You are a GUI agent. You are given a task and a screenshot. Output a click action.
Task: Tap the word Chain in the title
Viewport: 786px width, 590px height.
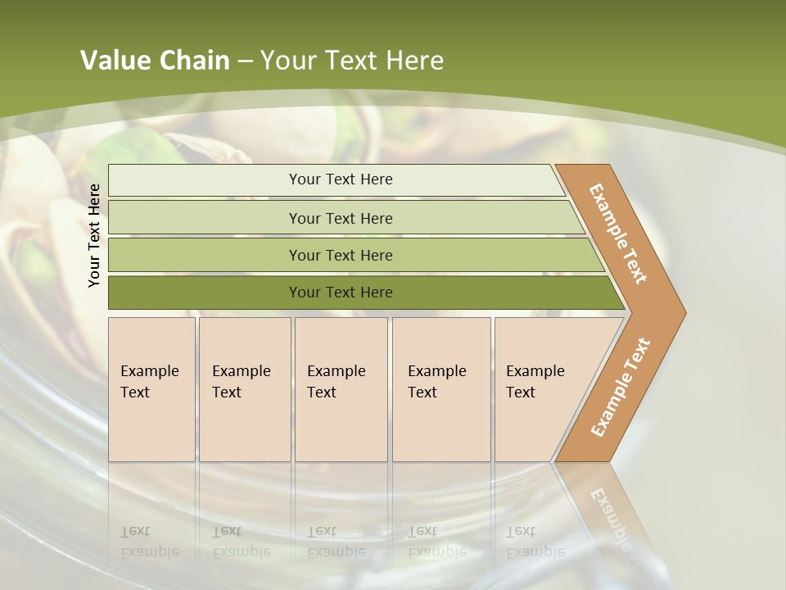point(195,61)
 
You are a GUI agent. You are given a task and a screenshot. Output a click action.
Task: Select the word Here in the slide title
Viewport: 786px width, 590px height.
point(413,61)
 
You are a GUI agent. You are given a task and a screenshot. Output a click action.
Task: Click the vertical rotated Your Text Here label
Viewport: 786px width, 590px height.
point(94,235)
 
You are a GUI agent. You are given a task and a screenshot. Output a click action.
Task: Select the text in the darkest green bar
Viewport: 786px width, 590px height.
point(341,293)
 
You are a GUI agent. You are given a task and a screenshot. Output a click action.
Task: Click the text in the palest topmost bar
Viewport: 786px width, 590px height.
point(341,179)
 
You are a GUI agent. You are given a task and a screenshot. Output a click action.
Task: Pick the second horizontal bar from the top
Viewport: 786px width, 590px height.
point(341,218)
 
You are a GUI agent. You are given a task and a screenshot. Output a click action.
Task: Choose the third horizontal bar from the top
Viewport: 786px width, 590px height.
point(341,256)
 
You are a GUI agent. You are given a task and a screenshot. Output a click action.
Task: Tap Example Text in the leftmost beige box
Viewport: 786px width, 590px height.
point(149,382)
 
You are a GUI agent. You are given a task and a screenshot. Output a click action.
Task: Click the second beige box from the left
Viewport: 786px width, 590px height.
point(244,389)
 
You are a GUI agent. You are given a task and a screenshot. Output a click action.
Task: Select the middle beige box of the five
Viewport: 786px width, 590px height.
point(341,389)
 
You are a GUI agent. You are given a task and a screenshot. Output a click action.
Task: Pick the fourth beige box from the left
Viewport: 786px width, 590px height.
point(440,389)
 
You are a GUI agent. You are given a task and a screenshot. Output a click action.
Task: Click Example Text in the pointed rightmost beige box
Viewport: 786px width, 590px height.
point(535,382)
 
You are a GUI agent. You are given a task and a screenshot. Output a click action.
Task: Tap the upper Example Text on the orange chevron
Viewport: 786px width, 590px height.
point(618,234)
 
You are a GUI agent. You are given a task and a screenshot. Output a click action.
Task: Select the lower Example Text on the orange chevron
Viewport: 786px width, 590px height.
point(620,388)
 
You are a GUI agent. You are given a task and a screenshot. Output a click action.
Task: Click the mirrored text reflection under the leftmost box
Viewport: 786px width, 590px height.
point(149,542)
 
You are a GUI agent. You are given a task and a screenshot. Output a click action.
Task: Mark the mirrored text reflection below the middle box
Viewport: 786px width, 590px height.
point(336,542)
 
